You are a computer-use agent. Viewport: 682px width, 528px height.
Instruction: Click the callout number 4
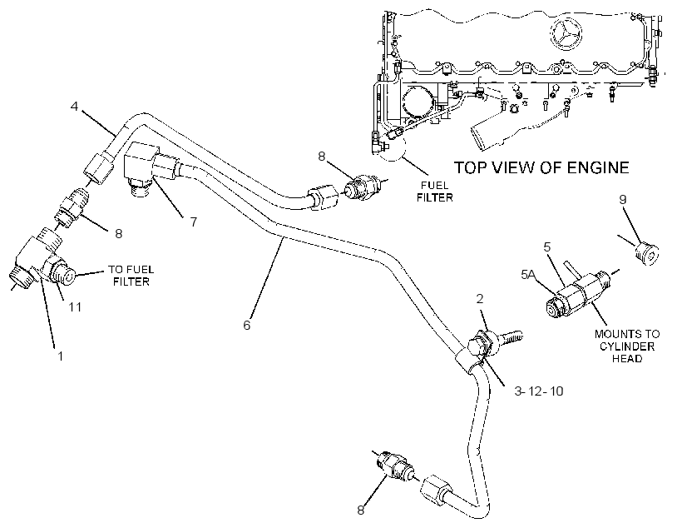(x=74, y=106)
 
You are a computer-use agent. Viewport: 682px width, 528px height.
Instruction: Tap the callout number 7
(x=194, y=222)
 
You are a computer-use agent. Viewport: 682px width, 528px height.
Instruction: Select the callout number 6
(x=247, y=325)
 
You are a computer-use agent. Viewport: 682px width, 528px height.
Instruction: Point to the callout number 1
(x=61, y=356)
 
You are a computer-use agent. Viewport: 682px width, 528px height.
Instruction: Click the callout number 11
(x=75, y=307)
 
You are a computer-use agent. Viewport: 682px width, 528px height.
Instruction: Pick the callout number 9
(x=622, y=199)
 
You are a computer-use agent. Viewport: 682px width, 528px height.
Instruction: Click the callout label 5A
(x=529, y=275)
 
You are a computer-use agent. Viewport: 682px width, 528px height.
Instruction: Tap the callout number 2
(x=480, y=298)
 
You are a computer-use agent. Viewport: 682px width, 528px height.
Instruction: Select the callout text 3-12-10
(x=538, y=391)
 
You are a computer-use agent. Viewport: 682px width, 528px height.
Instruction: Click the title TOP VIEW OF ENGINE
(x=541, y=167)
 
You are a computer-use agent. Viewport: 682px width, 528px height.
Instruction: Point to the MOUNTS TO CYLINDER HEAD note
(x=627, y=346)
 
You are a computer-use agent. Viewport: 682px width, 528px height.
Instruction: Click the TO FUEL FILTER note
(x=131, y=276)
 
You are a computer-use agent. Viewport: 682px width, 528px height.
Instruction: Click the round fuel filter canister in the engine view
(x=418, y=102)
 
